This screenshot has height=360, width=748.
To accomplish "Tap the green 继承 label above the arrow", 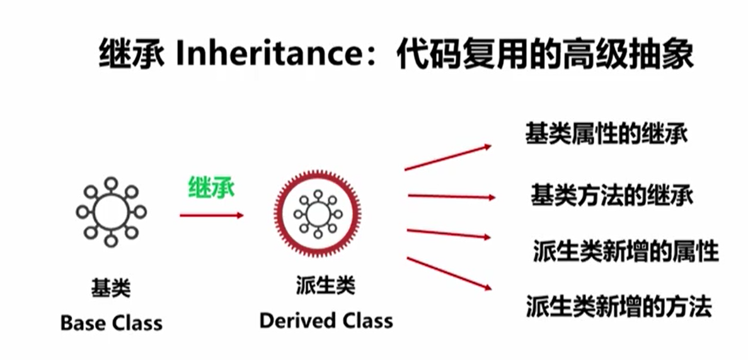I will pos(211,188).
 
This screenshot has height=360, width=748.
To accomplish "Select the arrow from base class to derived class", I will pos(211,216).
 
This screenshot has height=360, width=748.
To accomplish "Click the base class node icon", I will pos(111,211).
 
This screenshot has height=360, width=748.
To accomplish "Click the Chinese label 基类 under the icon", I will pos(111,289).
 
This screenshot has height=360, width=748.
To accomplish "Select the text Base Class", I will pos(111,323).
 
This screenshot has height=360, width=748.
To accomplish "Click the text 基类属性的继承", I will pos(606,134).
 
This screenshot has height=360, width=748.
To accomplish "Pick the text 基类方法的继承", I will pos(611,195).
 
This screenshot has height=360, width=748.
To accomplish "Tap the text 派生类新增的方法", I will pos(619,307).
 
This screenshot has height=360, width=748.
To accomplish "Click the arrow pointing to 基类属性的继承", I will pos(447,158).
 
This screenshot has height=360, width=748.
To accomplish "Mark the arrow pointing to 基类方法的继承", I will pos(451,197).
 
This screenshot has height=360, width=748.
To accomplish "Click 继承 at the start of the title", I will pos(131,55).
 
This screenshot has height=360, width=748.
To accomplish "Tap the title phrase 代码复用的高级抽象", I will pos(544,55).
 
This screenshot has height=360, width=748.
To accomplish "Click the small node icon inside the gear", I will pos(316,214).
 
